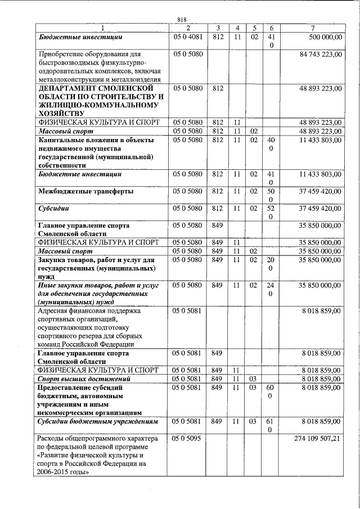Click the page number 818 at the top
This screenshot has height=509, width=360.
click(182, 20)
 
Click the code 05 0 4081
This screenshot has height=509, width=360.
click(188, 37)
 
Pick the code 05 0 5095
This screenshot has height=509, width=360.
click(188, 437)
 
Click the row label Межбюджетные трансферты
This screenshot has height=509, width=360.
click(85, 191)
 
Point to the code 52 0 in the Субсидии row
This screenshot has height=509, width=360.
click(271, 212)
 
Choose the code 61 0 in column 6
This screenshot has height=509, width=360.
click(271, 425)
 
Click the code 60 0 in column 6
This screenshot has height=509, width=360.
click(271, 392)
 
